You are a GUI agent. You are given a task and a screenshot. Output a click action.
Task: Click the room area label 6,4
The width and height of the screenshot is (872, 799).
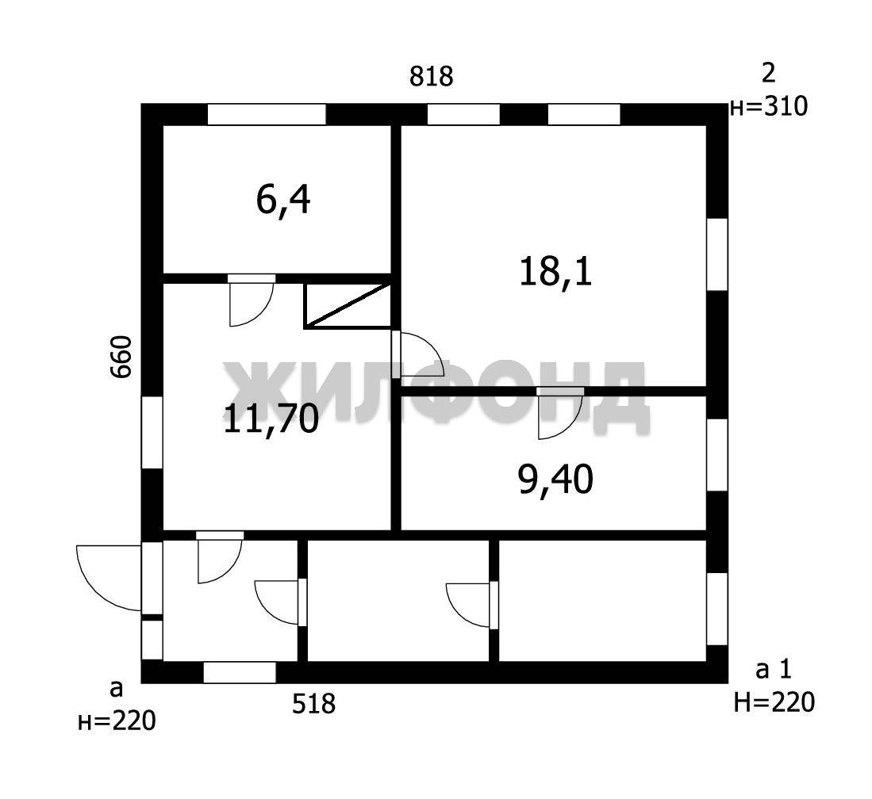click(x=283, y=201)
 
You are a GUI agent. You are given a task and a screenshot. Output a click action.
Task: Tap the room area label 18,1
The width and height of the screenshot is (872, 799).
click(x=555, y=272)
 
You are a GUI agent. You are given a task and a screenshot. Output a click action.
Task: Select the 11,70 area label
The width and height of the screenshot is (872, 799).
click(x=271, y=419)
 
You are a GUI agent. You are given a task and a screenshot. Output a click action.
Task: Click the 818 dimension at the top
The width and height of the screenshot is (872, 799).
click(x=432, y=76)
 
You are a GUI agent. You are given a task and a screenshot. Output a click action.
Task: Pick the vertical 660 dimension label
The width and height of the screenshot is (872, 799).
click(x=121, y=357)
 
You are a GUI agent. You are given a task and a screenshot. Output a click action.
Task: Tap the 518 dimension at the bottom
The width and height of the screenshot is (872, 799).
click(x=314, y=704)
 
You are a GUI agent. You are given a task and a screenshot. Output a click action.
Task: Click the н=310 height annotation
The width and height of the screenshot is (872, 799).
click(x=769, y=106)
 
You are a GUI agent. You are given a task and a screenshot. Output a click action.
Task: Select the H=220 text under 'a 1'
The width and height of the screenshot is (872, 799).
click(x=774, y=702)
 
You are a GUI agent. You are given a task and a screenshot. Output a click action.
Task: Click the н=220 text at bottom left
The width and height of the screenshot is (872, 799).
click(x=117, y=721)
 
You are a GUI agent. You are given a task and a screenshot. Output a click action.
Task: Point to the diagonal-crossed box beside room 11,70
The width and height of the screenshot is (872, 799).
click(x=348, y=305)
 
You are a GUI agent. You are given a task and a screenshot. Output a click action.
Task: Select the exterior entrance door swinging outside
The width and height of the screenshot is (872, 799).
click(x=109, y=578)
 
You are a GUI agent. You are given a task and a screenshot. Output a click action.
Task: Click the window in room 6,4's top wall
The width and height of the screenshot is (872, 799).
click(x=267, y=114)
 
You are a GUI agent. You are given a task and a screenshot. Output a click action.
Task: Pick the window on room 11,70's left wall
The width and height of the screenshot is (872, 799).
click(x=152, y=432)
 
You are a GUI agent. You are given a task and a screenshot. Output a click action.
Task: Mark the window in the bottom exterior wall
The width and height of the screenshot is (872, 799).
click(x=240, y=672)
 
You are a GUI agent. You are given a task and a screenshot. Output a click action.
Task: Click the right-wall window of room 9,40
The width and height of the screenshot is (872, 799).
click(x=716, y=454)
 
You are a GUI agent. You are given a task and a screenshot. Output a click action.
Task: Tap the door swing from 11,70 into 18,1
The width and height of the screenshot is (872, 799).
click(x=417, y=355)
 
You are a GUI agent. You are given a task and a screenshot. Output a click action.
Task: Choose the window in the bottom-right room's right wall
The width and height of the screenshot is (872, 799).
click(x=716, y=609)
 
